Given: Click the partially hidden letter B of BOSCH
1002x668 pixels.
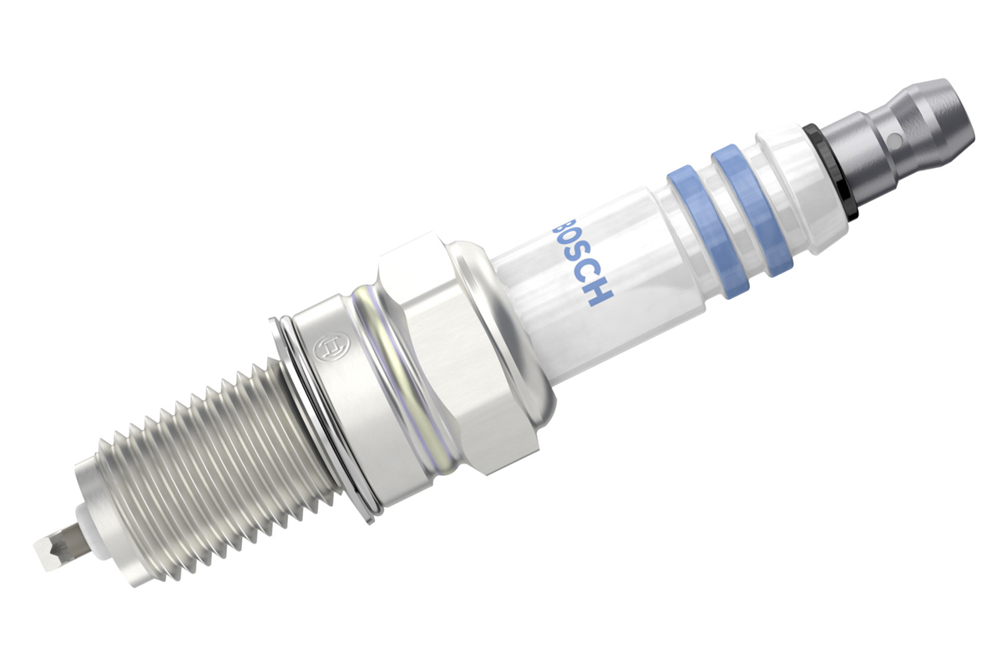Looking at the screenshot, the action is (x=559, y=222).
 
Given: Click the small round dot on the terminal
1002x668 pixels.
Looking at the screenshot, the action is (x=893, y=140).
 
